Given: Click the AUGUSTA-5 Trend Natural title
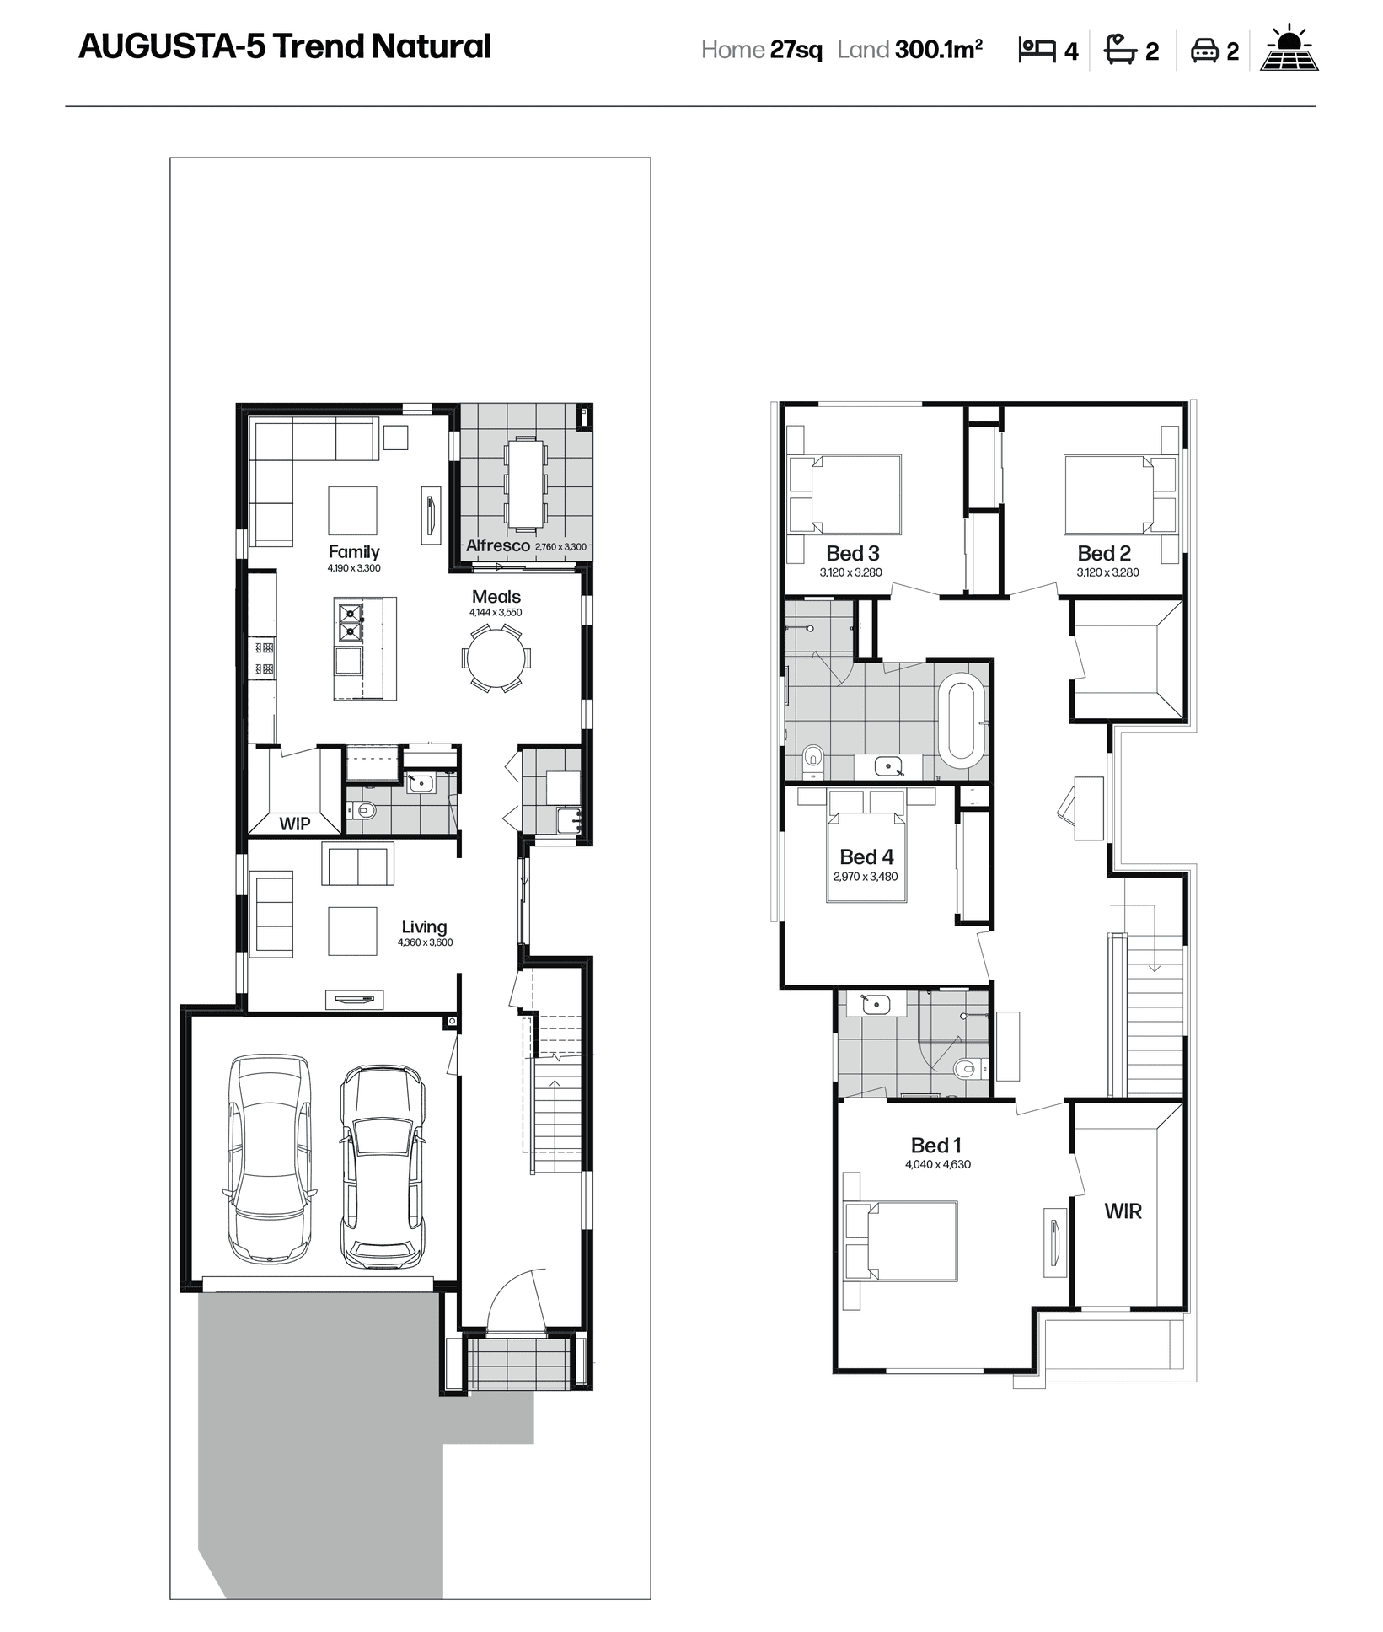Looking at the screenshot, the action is (x=285, y=47).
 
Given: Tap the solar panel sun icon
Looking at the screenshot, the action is (x=1289, y=48).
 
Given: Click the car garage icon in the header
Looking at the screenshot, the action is (x=1203, y=51).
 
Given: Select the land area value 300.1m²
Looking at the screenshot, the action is (x=939, y=50).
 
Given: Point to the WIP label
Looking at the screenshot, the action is (x=295, y=824).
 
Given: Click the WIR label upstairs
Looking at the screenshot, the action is (x=1123, y=1211).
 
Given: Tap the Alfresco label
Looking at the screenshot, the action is (x=498, y=545).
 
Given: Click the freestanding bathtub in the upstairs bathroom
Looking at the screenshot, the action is (x=962, y=720).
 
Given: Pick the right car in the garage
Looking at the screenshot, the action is (x=383, y=1167).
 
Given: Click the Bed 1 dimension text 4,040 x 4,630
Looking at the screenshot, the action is (x=938, y=1164).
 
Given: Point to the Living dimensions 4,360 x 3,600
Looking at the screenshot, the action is (x=425, y=942).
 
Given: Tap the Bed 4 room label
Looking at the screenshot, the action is (x=866, y=856).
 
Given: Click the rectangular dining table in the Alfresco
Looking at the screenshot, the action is (x=525, y=484).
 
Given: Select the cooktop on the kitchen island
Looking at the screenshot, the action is (x=350, y=622).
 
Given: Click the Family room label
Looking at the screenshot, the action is (x=354, y=551).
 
